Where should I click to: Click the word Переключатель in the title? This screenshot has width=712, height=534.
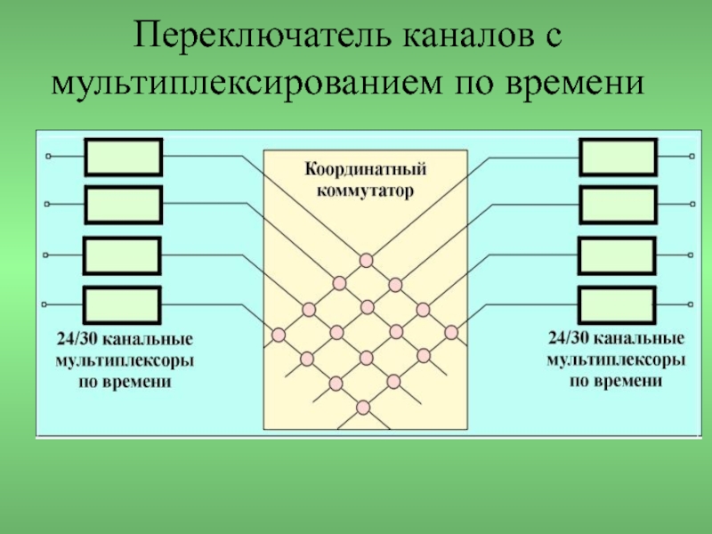(262, 36)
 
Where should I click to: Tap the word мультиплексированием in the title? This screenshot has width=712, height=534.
(247, 83)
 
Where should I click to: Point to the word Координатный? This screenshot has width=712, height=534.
(366, 169)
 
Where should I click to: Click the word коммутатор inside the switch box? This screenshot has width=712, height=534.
(365, 190)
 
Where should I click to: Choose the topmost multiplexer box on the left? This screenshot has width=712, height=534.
(124, 158)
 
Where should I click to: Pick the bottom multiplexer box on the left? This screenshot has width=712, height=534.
(122, 305)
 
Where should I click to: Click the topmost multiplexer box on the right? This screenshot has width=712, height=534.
(618, 158)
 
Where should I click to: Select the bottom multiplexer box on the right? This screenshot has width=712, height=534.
(617, 305)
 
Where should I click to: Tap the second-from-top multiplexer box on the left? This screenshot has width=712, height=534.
(124, 205)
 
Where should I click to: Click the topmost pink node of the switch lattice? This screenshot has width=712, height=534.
(367, 261)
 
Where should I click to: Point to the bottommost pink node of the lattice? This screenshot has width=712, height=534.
(363, 408)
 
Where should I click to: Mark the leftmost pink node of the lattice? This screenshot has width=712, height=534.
(279, 336)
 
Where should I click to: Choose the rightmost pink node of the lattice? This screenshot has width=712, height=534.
(451, 332)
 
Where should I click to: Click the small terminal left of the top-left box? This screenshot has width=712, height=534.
(48, 157)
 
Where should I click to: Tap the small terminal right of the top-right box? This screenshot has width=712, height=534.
(692, 157)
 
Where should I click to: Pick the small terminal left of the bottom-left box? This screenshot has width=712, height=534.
(44, 304)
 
